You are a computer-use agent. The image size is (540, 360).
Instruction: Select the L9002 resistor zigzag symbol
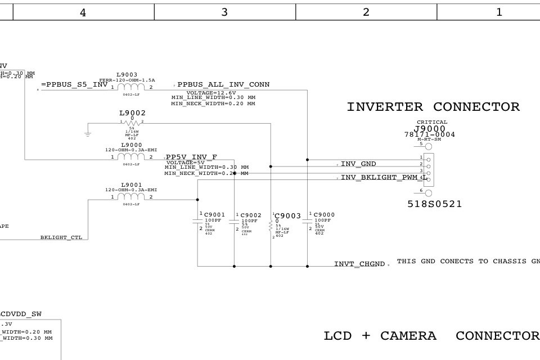click(x=132, y=122)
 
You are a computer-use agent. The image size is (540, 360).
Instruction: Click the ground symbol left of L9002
click(x=88, y=133)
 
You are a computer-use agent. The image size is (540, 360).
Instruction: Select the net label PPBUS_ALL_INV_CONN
click(x=223, y=85)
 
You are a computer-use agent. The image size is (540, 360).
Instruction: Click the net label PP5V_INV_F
click(x=191, y=157)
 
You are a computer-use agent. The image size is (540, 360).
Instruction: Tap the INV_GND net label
click(x=358, y=164)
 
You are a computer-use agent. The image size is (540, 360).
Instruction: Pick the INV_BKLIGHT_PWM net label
click(x=380, y=178)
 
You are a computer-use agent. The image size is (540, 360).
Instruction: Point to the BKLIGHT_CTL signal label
click(x=61, y=237)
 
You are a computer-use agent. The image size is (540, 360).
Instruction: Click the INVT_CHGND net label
click(x=359, y=264)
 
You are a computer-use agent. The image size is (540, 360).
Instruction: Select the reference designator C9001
click(x=214, y=215)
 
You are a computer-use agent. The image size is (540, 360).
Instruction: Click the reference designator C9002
click(x=251, y=215)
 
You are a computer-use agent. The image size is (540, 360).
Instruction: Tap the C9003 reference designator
click(x=288, y=216)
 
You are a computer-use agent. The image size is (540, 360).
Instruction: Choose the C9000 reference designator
click(x=324, y=215)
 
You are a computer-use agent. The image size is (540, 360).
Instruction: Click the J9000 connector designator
click(x=430, y=129)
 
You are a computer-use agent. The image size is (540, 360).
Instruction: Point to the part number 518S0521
click(x=435, y=204)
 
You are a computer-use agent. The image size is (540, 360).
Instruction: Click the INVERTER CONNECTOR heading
click(x=433, y=107)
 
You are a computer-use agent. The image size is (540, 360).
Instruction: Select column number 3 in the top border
click(x=224, y=12)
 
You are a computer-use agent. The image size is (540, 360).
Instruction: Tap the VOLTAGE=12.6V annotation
click(x=211, y=92)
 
